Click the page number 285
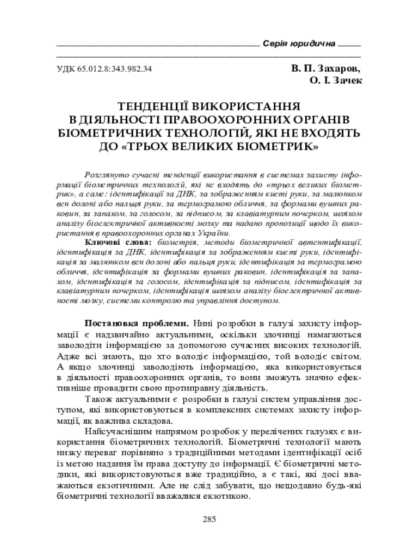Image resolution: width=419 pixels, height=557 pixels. click(209, 519)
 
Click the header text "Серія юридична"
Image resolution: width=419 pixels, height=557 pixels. click(298, 43)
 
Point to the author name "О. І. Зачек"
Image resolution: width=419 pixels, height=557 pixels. click(336, 81)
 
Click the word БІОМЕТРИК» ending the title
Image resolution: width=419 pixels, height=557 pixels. click(275, 146)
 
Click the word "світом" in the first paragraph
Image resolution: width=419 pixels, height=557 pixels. click(346, 356)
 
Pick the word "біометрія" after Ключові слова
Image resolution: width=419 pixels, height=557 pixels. click(175, 241)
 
